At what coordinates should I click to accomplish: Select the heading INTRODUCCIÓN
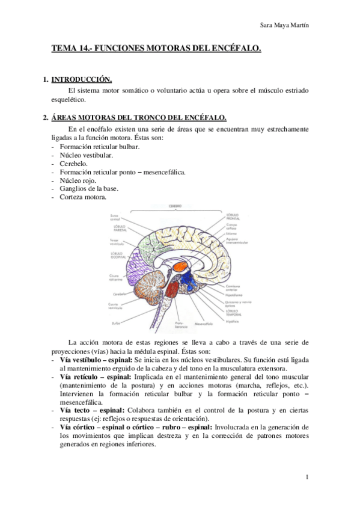tap(82, 79)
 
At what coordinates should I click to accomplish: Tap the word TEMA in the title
tap(64, 49)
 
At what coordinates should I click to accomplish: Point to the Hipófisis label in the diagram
tap(231, 321)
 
